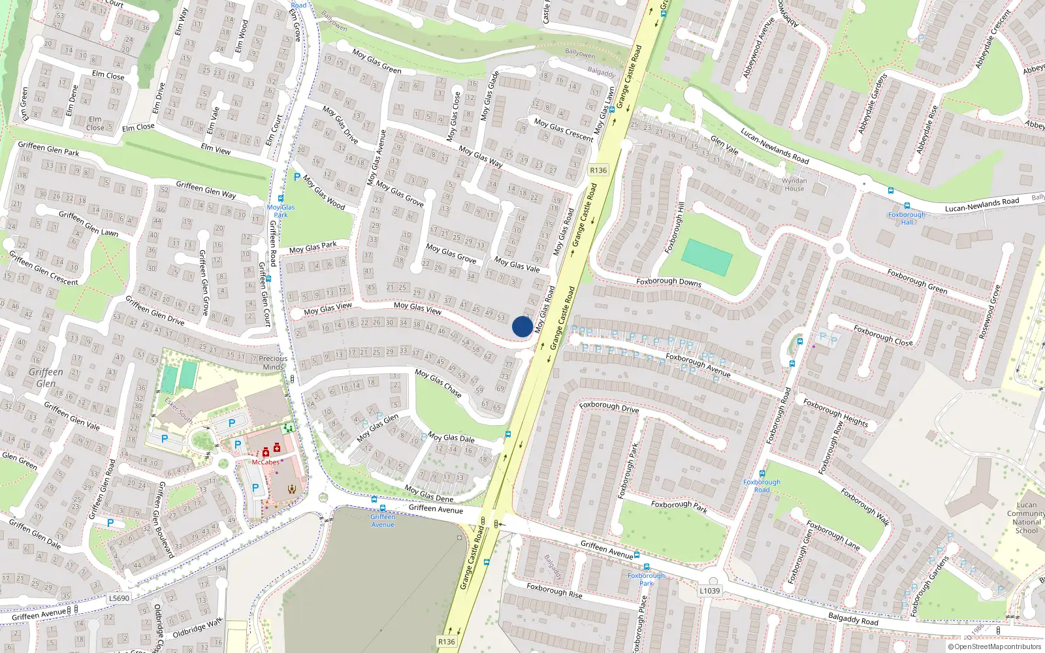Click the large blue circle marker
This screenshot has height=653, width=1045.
[x=522, y=326]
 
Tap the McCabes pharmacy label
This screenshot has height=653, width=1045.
[x=266, y=462]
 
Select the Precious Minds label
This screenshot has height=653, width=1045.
[x=273, y=362]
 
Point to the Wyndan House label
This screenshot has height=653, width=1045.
[x=794, y=185]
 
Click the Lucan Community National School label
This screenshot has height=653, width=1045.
[x=1026, y=517]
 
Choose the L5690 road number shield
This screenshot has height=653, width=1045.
[x=119, y=598]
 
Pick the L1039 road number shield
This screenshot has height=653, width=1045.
[x=709, y=591]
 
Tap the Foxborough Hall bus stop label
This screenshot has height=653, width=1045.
[x=907, y=218]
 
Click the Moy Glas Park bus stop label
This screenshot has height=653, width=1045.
[x=281, y=211]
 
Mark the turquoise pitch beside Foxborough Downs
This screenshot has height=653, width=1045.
[x=707, y=257]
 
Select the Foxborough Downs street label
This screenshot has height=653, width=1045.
[x=669, y=282]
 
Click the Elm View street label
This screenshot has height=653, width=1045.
[x=216, y=149]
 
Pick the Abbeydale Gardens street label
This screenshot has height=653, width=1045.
[x=873, y=104]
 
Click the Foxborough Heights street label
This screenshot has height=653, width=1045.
[x=835, y=413]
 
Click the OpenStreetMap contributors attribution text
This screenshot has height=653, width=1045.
[x=994, y=647]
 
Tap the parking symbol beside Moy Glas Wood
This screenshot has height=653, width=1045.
[x=297, y=177]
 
